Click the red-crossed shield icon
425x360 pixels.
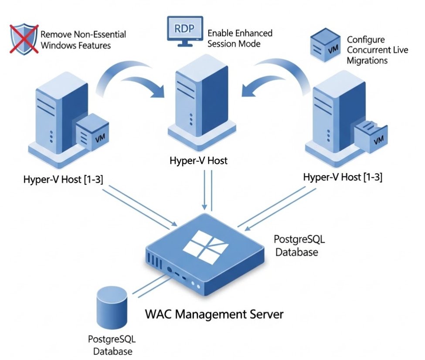tap(24, 39)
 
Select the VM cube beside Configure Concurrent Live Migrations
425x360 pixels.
tap(325, 45)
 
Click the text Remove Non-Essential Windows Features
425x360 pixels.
tap(83, 40)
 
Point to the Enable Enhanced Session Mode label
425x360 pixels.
tap(240, 38)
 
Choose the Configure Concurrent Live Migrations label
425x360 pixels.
tap(377, 50)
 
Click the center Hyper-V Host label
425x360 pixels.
tap(198, 160)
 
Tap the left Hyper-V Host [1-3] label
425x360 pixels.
tap(63, 179)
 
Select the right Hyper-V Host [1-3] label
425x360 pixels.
tap(343, 177)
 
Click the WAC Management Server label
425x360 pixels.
tap(214, 314)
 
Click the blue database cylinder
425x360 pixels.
tap(112, 308)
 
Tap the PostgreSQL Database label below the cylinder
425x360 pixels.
tap(112, 345)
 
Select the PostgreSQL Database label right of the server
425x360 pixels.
tap(299, 246)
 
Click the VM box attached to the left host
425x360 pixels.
tap(92, 132)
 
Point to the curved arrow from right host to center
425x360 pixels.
tap(276, 77)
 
